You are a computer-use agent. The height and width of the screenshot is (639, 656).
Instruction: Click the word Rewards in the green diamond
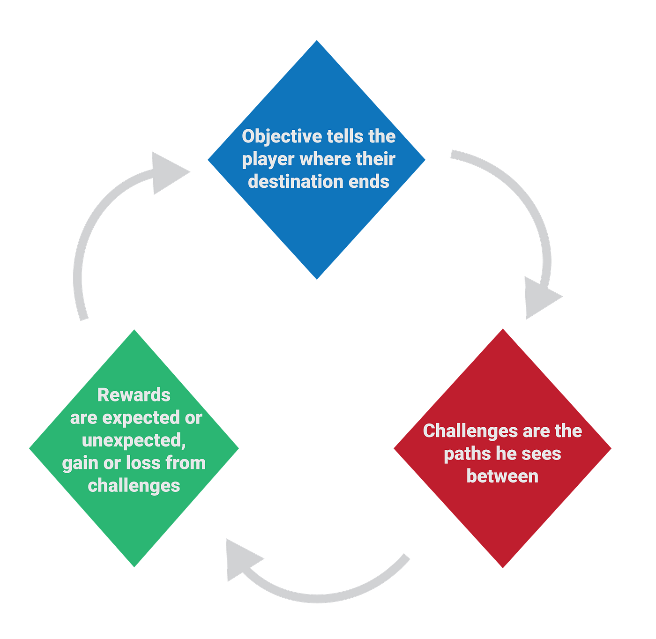pyautogui.click(x=134, y=395)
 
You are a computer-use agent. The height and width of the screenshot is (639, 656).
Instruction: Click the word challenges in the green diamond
pyautogui.click(x=134, y=486)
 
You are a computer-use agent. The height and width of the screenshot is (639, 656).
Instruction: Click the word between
pyautogui.click(x=502, y=476)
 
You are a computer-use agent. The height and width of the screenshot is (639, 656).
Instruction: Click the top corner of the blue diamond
pyautogui.click(x=317, y=40)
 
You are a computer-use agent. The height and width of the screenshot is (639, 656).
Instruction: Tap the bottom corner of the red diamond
pyautogui.click(x=502, y=567)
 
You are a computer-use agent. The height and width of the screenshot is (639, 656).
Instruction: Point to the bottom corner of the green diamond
pyautogui.click(x=134, y=567)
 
